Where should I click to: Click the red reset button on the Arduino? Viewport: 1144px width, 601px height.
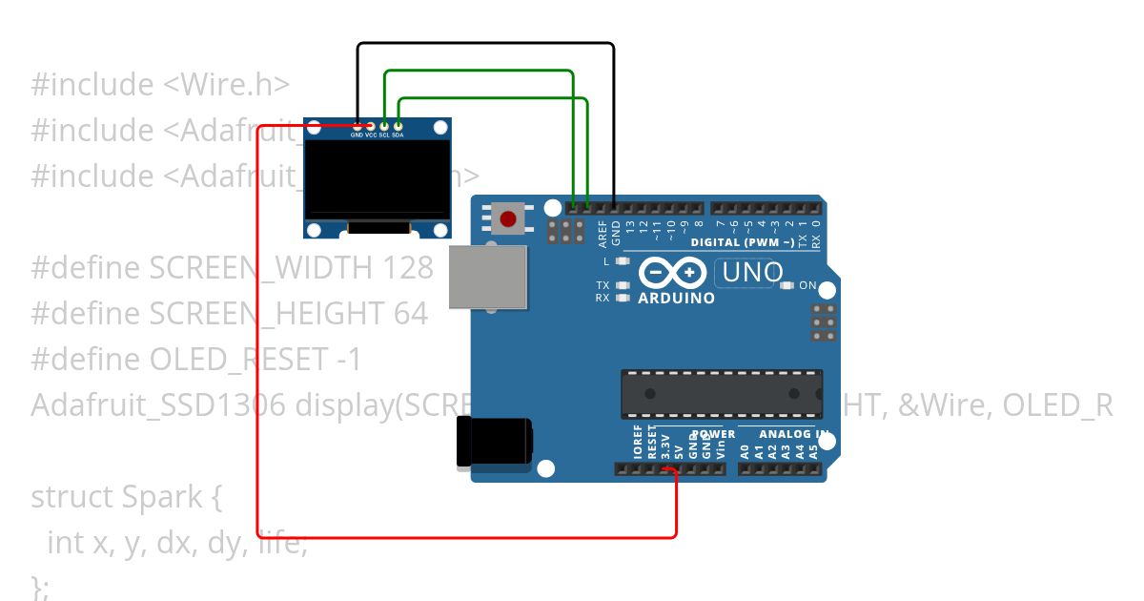point(508,219)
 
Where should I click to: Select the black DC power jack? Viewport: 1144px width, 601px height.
point(495,445)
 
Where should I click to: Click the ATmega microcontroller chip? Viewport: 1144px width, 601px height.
point(722,394)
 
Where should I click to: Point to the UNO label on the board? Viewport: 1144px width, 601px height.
point(752,273)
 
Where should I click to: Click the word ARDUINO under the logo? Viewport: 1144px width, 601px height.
point(676,299)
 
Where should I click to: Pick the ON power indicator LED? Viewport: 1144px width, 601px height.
point(786,285)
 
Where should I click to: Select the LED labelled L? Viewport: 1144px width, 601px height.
point(623,260)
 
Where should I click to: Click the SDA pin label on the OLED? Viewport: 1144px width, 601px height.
point(398,135)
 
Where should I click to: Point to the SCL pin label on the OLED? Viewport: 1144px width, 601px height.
point(384,135)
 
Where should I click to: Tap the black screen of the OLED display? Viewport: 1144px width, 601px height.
point(378,178)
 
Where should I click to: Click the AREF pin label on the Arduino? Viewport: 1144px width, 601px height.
point(603,231)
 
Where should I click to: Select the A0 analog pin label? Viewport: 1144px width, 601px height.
point(746,450)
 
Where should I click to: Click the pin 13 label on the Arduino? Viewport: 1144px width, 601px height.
point(630,228)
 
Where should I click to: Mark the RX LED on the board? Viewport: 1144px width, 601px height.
point(623,298)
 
